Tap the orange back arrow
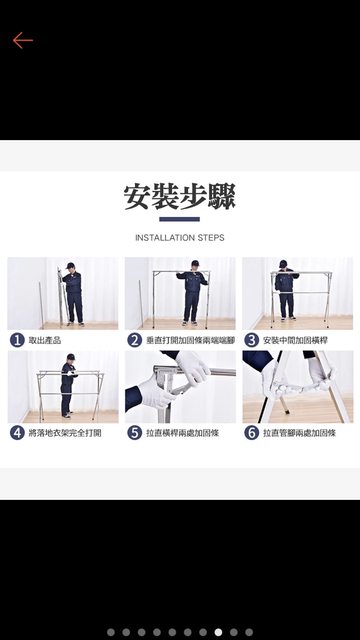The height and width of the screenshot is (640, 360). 23,40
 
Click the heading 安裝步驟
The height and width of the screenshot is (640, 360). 180,197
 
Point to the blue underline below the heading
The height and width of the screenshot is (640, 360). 180,219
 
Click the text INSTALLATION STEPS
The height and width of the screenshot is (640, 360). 180,238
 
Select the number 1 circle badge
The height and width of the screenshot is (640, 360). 17,340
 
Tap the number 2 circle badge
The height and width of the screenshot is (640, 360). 134,340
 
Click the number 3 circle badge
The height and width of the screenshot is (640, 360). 251,340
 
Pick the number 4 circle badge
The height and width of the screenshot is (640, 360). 17,433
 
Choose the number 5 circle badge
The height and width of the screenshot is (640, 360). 134,433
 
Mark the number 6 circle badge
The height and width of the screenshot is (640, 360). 251,433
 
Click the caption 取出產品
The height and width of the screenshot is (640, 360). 45,340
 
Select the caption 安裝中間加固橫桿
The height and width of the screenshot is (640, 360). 296,340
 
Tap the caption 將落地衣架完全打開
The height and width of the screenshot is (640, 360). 65,433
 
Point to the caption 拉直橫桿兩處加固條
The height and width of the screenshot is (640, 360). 182,433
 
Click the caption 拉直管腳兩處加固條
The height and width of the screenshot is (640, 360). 300,433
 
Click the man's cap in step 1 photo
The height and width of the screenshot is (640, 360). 70,265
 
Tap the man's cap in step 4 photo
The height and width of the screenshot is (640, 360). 71,357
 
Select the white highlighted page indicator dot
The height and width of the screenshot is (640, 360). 218,632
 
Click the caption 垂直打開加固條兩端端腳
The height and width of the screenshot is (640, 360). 191,340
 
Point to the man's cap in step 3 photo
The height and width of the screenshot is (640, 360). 283,264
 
